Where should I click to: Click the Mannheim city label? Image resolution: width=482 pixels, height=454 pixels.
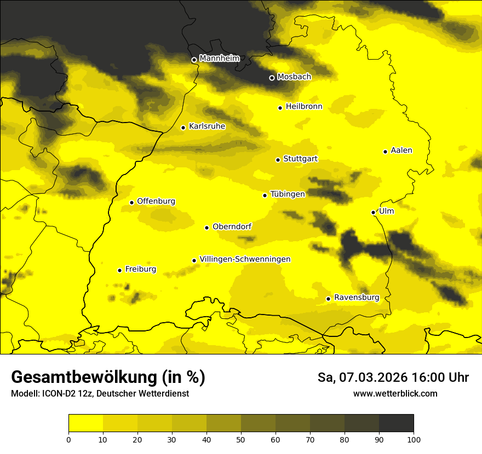point(219,59)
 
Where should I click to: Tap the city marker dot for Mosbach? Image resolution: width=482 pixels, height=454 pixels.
point(272,78)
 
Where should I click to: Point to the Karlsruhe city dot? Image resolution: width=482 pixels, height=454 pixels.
point(183,127)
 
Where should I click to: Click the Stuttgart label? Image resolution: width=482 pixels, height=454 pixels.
point(300,159)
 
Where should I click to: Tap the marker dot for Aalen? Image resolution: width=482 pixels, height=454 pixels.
point(385,152)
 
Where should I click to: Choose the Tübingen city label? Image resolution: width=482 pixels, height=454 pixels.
point(288,194)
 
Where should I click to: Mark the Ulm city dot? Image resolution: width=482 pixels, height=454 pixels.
point(373,212)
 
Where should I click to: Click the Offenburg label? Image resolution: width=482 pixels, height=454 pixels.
point(156,201)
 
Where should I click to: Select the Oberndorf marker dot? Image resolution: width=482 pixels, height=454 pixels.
point(206,228)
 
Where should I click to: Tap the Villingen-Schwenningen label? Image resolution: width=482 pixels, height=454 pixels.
point(245,259)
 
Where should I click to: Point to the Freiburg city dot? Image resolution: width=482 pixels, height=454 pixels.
point(119,270)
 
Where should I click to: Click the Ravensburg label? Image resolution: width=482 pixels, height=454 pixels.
point(357,298)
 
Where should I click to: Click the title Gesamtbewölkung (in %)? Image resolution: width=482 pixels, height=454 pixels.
point(108,377)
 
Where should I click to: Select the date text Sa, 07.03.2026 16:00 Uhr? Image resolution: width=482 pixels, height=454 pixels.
point(393,377)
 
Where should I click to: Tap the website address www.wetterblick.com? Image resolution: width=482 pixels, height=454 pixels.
point(395,393)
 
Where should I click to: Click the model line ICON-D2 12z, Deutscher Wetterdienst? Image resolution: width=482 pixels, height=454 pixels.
point(100,394)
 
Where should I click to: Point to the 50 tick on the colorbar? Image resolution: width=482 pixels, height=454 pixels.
point(241,439)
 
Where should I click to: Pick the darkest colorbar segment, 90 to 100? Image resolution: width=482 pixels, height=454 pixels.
point(396,423)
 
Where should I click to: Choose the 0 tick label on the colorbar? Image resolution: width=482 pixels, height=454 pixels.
point(68,439)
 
